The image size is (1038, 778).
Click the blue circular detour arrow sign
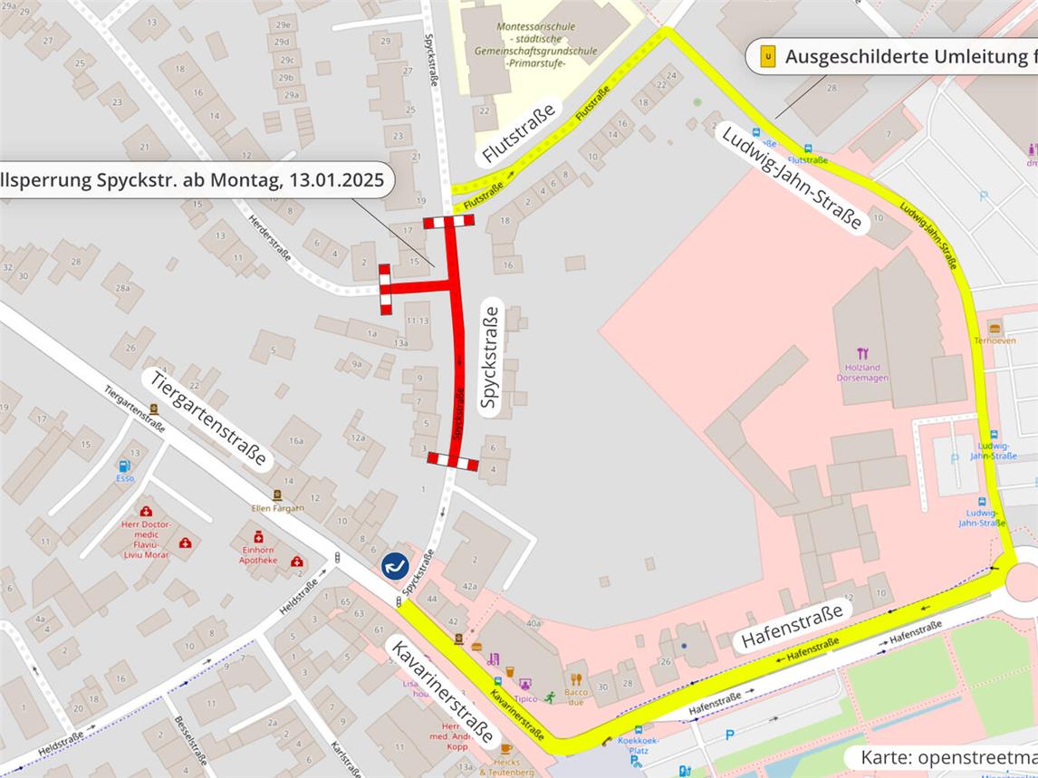[x=394, y=566]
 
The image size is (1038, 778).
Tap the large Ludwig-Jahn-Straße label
[x=790, y=178]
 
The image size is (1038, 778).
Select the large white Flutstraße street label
[x=519, y=134]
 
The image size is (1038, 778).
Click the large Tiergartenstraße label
[x=208, y=418]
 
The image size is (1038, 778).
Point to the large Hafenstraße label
[x=793, y=625]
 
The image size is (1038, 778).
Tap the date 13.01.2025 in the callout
[x=336, y=179]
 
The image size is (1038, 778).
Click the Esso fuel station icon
[x=125, y=466]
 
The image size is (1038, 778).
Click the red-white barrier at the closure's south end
[x=453, y=462]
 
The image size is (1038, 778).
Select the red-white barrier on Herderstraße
[x=385, y=289]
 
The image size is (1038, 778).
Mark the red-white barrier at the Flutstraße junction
[x=448, y=223]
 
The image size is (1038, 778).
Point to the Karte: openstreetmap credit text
[x=947, y=757]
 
